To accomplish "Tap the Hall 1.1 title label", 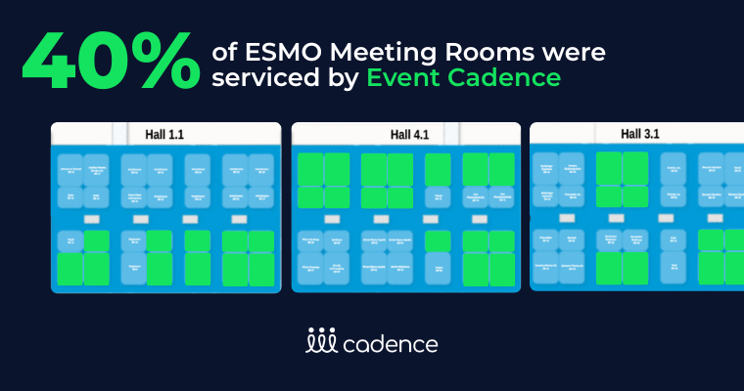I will click(167, 133).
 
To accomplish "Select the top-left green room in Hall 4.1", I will click(311, 166).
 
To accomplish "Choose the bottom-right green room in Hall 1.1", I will click(260, 269).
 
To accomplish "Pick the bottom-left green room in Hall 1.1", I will click(70, 269).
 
